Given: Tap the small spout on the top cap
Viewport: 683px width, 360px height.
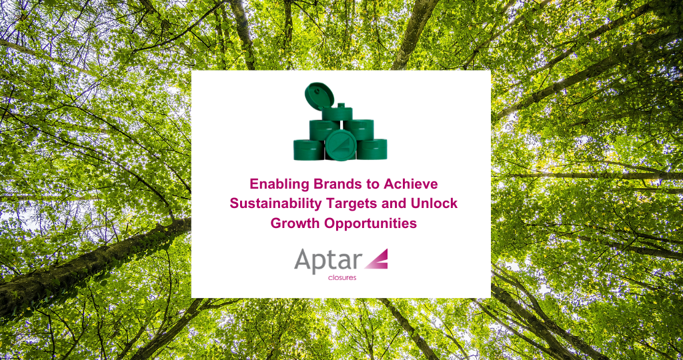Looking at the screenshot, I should click(x=341, y=107).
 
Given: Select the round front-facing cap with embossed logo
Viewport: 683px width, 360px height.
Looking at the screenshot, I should click(x=340, y=144).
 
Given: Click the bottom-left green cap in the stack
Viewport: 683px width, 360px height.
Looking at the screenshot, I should click(x=307, y=149).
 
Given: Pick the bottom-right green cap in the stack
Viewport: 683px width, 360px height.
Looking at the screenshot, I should click(x=372, y=149).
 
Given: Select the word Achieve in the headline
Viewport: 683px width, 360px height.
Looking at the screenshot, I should click(x=414, y=183).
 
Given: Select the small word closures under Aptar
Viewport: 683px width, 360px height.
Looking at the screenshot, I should click(x=342, y=277).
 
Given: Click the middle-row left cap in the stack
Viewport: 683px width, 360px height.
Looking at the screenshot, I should click(x=324, y=129).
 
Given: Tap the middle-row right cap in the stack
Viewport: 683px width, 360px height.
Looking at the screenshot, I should click(x=359, y=129).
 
